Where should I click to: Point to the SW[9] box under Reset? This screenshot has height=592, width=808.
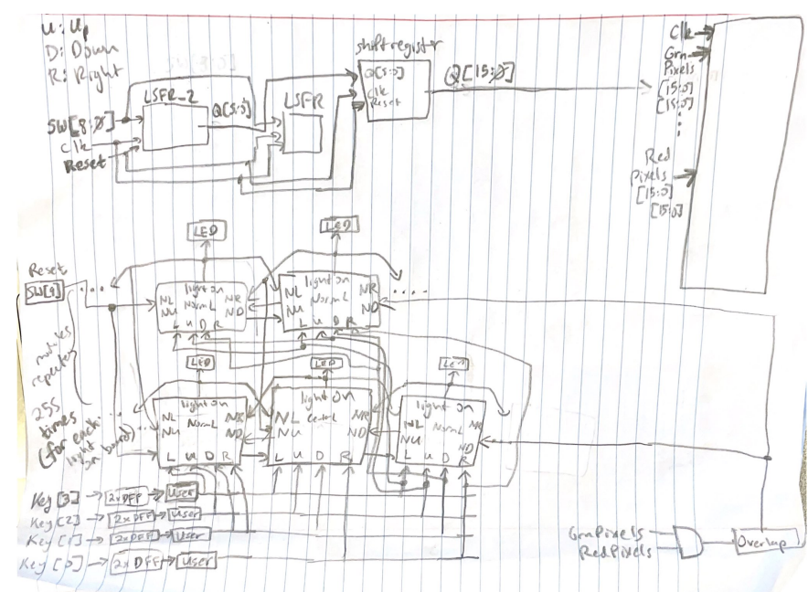coord(40,291)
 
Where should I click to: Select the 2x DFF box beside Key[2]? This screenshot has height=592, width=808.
coord(133,519)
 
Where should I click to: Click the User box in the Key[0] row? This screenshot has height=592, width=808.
coord(196,559)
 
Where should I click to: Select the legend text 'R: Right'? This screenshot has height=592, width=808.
coord(74,69)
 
